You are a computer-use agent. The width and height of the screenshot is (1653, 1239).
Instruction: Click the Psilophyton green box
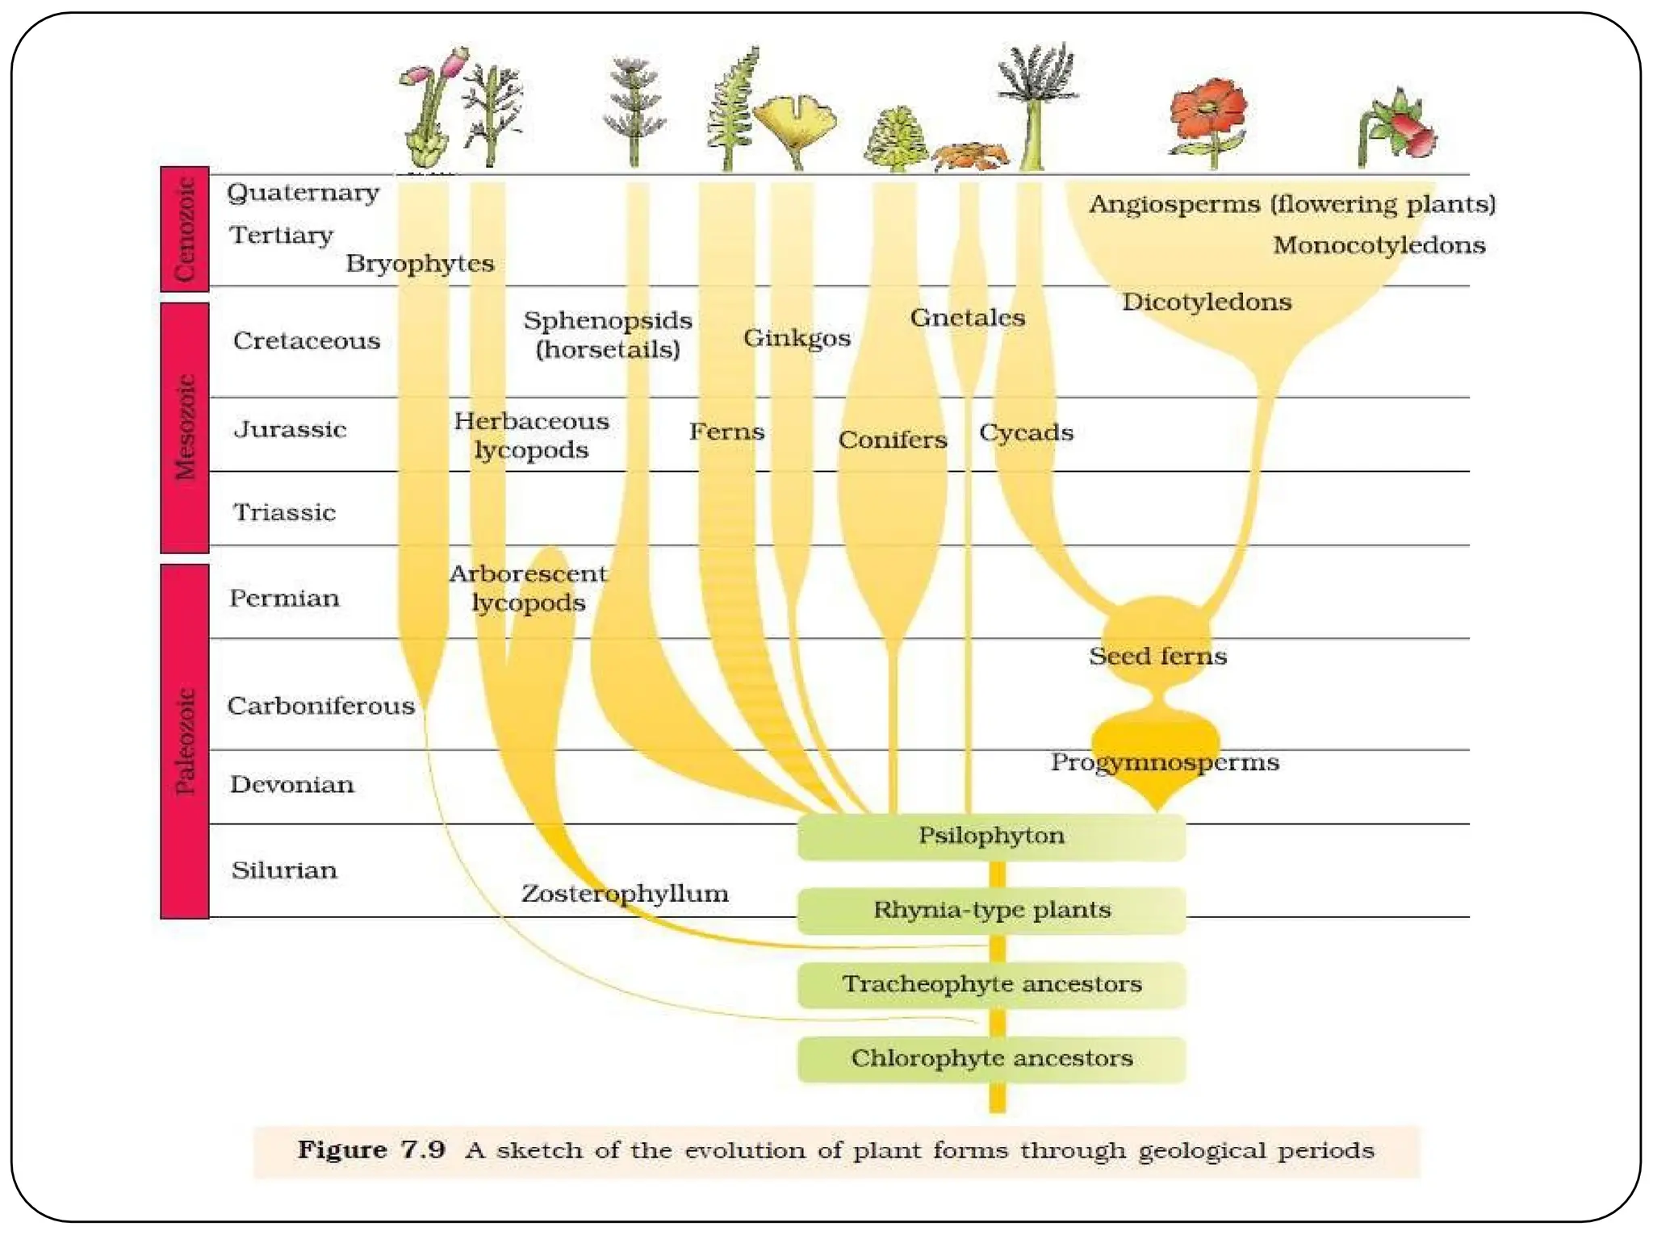pyautogui.click(x=991, y=836)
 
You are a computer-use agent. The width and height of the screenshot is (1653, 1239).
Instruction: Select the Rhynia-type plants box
pyautogui.click(x=991, y=911)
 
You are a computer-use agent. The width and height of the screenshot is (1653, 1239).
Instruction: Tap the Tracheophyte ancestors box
pyautogui.click(x=991, y=985)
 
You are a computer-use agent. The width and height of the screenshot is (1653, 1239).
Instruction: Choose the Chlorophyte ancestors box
pyautogui.click(x=991, y=1059)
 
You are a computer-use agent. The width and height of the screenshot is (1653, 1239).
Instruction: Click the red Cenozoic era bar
pyautogui.click(x=185, y=229)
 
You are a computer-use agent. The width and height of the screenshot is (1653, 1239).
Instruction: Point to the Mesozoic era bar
pyautogui.click(x=185, y=428)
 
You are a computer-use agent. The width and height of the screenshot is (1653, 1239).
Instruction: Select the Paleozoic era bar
pyautogui.click(x=185, y=740)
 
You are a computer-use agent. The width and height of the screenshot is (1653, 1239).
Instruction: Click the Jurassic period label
pyautogui.click(x=290, y=429)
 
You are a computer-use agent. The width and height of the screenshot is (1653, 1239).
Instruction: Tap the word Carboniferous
pyautogui.click(x=320, y=707)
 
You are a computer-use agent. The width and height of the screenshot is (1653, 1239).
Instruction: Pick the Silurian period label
pyautogui.click(x=284, y=870)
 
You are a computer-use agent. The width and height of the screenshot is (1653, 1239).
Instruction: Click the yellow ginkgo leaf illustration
pyautogui.click(x=795, y=125)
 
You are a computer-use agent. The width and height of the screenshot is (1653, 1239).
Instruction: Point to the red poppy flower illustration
pyautogui.click(x=1208, y=113)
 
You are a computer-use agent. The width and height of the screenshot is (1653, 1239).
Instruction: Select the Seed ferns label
pyautogui.click(x=1157, y=657)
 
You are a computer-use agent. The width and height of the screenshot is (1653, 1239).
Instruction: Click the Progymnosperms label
pyautogui.click(x=1164, y=763)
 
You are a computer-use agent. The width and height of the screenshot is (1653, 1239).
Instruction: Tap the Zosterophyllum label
pyautogui.click(x=625, y=894)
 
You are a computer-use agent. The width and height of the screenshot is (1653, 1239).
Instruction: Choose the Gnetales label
pyautogui.click(x=967, y=318)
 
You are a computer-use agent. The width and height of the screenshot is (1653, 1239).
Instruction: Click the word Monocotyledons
pyautogui.click(x=1379, y=245)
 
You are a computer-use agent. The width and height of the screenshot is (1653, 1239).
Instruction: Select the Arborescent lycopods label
pyautogui.click(x=529, y=588)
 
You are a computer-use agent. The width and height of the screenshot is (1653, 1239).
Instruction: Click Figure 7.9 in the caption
pyautogui.click(x=371, y=1150)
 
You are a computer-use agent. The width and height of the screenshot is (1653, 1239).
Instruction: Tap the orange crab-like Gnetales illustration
pyautogui.click(x=970, y=155)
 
